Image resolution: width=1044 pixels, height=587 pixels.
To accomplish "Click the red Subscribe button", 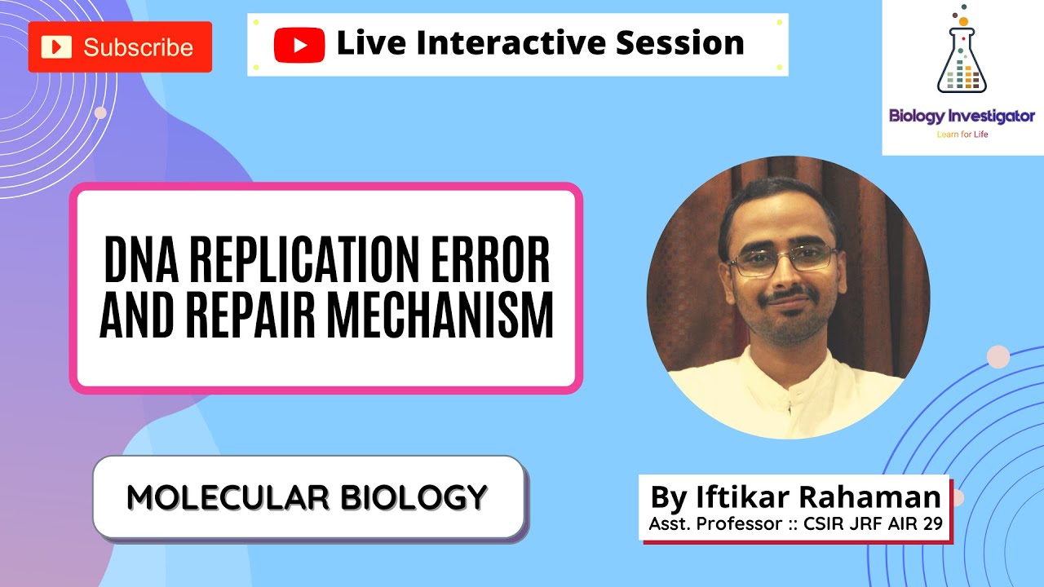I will tap(120, 47).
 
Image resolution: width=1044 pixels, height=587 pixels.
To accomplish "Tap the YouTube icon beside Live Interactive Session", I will tap(299, 44).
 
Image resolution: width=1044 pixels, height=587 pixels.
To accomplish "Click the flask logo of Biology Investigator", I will tap(962, 53).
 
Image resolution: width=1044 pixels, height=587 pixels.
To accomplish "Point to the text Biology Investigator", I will tap(962, 117).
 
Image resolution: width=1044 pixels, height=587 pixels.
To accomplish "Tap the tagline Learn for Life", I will tap(962, 135).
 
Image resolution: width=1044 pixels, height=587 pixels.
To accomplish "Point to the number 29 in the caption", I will tap(931, 524).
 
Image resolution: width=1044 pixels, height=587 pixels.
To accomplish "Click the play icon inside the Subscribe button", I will tap(56, 47).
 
